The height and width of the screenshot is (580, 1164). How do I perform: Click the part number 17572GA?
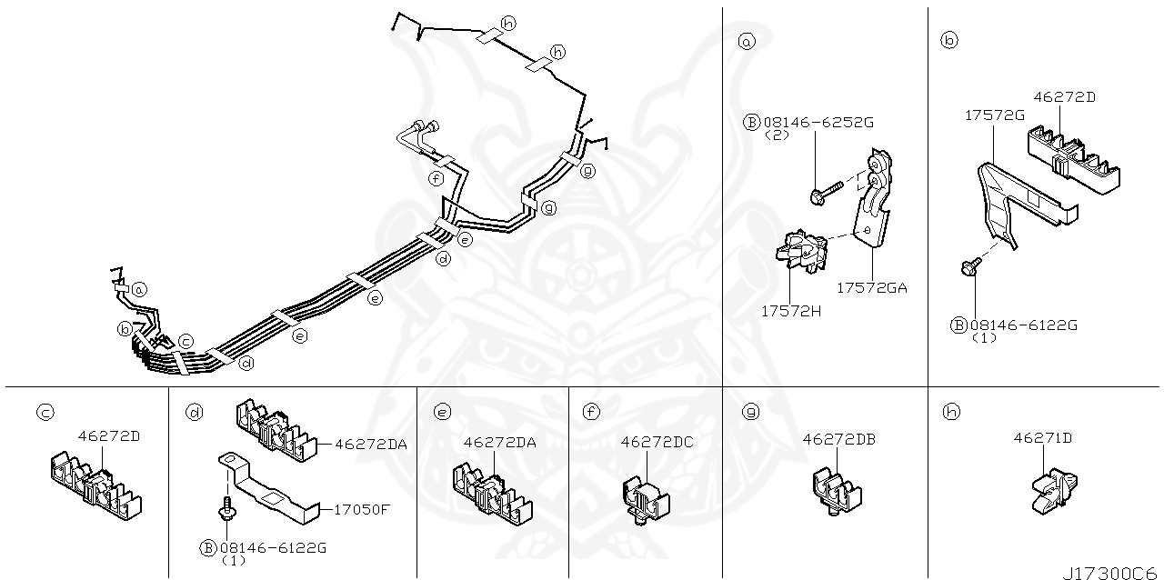pyautogui.click(x=871, y=287)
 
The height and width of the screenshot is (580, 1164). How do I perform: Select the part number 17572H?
pyautogui.click(x=791, y=310)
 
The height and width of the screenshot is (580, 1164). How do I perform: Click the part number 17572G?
pyautogui.click(x=994, y=115)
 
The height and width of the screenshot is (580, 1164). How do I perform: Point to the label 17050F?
pyautogui.click(x=362, y=509)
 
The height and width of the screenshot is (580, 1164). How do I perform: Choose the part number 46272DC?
pyautogui.click(x=657, y=442)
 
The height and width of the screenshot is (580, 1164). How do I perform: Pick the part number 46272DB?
pyautogui.click(x=838, y=438)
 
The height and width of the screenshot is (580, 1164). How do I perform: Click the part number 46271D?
pyautogui.click(x=1042, y=438)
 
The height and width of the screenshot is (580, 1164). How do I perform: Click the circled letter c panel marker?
pyautogui.click(x=44, y=413)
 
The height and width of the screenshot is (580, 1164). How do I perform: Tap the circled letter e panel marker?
pyautogui.click(x=442, y=413)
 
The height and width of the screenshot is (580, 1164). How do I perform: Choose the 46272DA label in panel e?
pyautogui.click(x=499, y=442)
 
